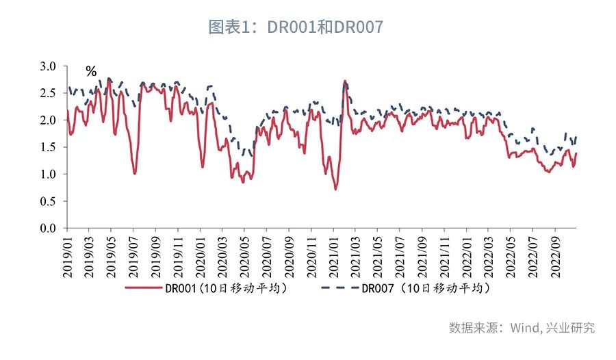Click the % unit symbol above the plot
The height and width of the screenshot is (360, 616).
click(x=91, y=71)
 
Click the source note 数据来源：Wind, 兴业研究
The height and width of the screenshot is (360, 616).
click(x=522, y=328)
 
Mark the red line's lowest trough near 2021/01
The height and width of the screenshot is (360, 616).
click(x=335, y=189)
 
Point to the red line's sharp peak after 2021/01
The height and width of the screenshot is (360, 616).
click(x=344, y=81)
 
